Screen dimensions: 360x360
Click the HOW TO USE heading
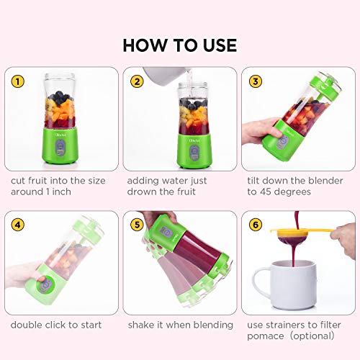click(179, 44)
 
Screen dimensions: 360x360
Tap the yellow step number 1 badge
click(18, 81)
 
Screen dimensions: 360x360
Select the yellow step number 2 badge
click(136, 81)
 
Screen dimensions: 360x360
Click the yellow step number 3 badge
click(255, 81)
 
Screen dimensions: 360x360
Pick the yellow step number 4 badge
click(18, 225)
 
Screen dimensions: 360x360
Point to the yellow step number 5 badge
click(136, 225)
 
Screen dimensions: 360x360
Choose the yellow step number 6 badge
click(255, 225)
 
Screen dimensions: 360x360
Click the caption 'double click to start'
click(56, 325)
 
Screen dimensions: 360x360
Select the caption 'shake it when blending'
click(180, 325)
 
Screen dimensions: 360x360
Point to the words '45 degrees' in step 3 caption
click(289, 192)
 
